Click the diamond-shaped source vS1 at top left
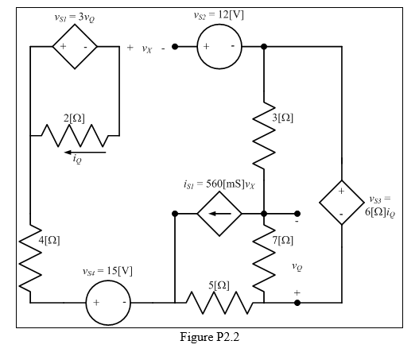pos(74,47)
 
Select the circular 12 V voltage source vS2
pos(219,47)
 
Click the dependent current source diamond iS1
pos(219,214)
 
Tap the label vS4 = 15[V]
pos(108,272)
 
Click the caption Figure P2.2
pos(211,337)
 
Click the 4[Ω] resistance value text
pos(48,240)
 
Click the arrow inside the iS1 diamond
pos(219,214)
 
